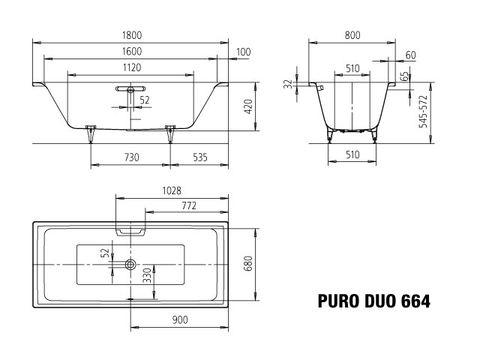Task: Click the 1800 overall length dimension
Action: (131, 35)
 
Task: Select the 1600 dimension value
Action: (131, 51)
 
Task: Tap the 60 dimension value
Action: (410, 55)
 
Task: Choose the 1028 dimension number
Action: (172, 191)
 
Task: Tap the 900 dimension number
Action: (180, 320)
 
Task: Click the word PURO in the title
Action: (335, 302)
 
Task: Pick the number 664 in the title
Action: (412, 302)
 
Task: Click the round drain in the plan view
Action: (131, 264)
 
